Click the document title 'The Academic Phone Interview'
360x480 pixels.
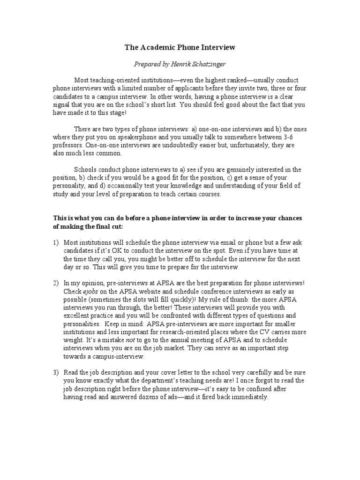(x=180, y=47)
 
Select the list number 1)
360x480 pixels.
(x=56, y=243)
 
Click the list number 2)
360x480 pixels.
(x=56, y=283)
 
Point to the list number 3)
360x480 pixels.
(x=56, y=372)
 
